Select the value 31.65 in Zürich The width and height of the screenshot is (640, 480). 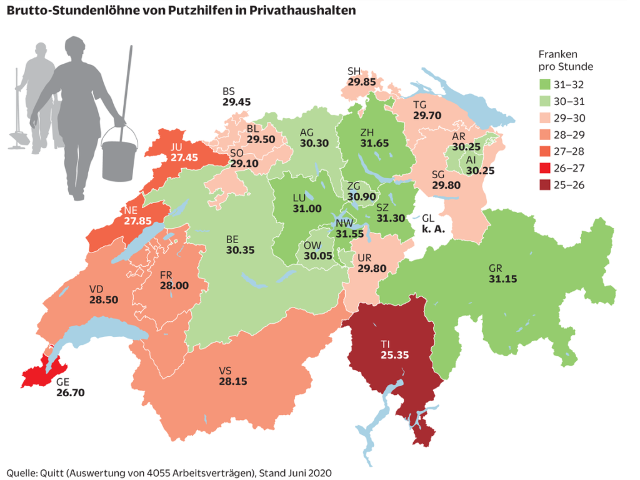pyautogui.click(x=374, y=143)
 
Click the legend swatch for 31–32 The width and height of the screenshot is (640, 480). pyautogui.click(x=546, y=84)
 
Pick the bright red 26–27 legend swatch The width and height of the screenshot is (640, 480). pyautogui.click(x=546, y=169)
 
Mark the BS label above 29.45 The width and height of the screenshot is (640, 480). pyautogui.click(x=229, y=91)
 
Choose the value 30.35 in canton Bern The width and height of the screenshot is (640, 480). pyautogui.click(x=240, y=250)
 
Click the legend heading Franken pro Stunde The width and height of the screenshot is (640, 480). pyautogui.click(x=566, y=61)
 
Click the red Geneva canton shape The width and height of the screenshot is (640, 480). pyautogui.click(x=41, y=375)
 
